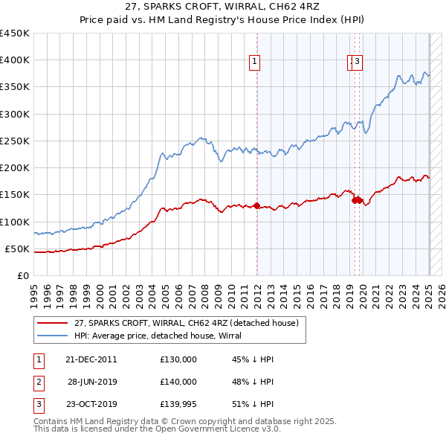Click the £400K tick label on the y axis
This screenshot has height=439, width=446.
tap(15, 60)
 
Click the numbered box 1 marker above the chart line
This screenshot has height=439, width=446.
tap(255, 63)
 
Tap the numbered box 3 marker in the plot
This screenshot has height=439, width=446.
tap(358, 63)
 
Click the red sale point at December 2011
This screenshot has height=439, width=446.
tap(256, 205)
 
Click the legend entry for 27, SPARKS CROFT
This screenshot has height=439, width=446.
tap(186, 323)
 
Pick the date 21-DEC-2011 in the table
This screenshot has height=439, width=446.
tap(91, 359)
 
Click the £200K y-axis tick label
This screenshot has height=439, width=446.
tap(15, 168)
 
